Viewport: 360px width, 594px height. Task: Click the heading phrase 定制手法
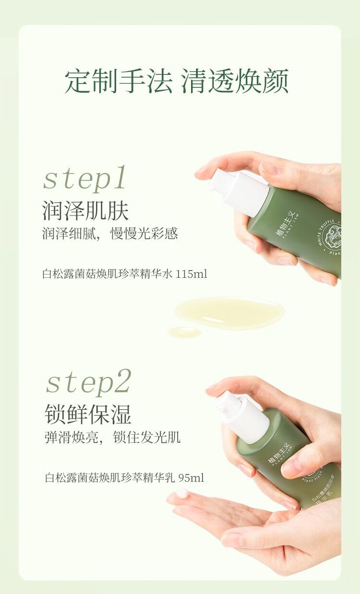(x=118, y=82)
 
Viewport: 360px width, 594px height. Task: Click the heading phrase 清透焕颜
(x=235, y=82)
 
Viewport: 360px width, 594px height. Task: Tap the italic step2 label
(x=88, y=382)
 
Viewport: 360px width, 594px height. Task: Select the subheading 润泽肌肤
(x=85, y=210)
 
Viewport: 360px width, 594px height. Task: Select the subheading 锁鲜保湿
(x=88, y=414)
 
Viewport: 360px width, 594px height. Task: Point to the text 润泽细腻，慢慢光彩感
(x=110, y=234)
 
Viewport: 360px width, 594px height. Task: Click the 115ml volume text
(x=192, y=274)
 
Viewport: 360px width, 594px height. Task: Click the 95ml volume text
(x=191, y=478)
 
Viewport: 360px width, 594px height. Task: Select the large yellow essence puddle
(x=229, y=312)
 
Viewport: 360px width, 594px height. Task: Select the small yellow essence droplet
(x=184, y=332)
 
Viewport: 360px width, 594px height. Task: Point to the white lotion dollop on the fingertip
(x=182, y=493)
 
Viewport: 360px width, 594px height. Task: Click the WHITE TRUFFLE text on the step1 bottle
(x=324, y=235)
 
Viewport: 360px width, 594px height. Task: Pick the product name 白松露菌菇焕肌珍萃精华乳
(x=110, y=478)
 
